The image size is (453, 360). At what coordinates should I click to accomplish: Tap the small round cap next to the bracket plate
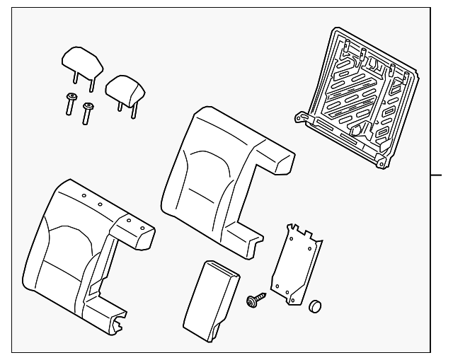tap(315, 307)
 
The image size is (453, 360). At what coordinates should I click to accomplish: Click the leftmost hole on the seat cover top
tap(83, 194)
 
